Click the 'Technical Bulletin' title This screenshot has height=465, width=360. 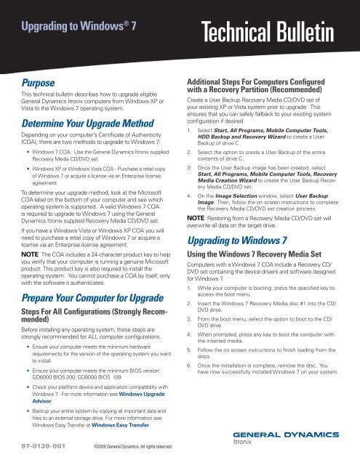(x=280, y=31)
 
